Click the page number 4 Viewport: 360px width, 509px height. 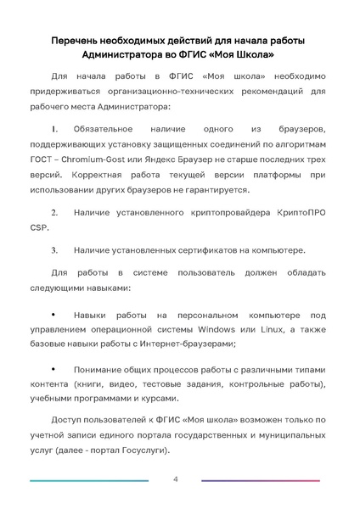point(175,480)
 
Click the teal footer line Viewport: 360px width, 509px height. point(89,482)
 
